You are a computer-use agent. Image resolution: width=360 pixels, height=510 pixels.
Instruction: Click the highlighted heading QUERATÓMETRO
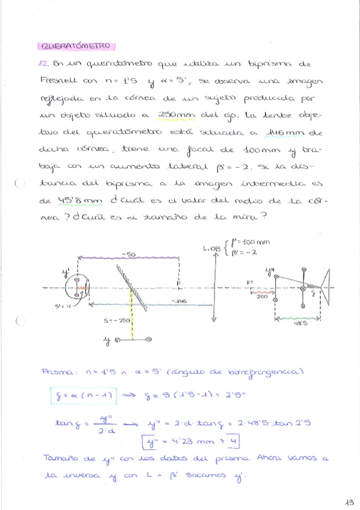(76, 46)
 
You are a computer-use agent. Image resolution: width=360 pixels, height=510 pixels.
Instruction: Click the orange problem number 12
(44, 63)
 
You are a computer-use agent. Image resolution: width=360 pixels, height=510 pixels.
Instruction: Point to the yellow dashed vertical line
(132, 316)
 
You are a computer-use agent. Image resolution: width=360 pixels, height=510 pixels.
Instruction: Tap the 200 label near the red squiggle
(263, 296)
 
